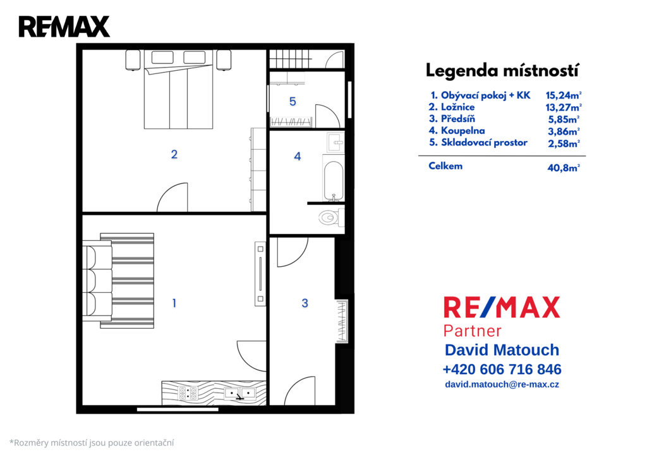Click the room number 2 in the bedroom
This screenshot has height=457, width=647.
tap(174, 154)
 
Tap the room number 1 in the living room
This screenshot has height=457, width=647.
tap(174, 303)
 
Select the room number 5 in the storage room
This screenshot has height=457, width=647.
tap(293, 102)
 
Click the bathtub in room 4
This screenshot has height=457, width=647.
tap(334, 178)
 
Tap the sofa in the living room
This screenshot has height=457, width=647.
tap(97, 281)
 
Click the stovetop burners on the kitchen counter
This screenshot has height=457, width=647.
tap(187, 393)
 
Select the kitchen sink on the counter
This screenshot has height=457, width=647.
tap(240, 394)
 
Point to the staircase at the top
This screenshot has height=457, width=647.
tap(290, 59)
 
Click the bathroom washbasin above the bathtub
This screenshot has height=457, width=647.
tap(336, 143)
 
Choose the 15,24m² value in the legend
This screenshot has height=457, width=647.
tap(564, 95)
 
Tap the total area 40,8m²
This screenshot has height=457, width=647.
tap(564, 168)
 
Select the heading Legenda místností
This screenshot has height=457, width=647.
tap(502, 71)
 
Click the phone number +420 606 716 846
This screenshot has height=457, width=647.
tap(502, 369)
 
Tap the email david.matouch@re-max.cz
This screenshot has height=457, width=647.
tap(502, 384)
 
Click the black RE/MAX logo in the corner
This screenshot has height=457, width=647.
tap(64, 27)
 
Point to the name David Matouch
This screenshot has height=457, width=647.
tap(502, 350)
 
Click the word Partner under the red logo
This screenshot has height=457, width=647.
tap(473, 331)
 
